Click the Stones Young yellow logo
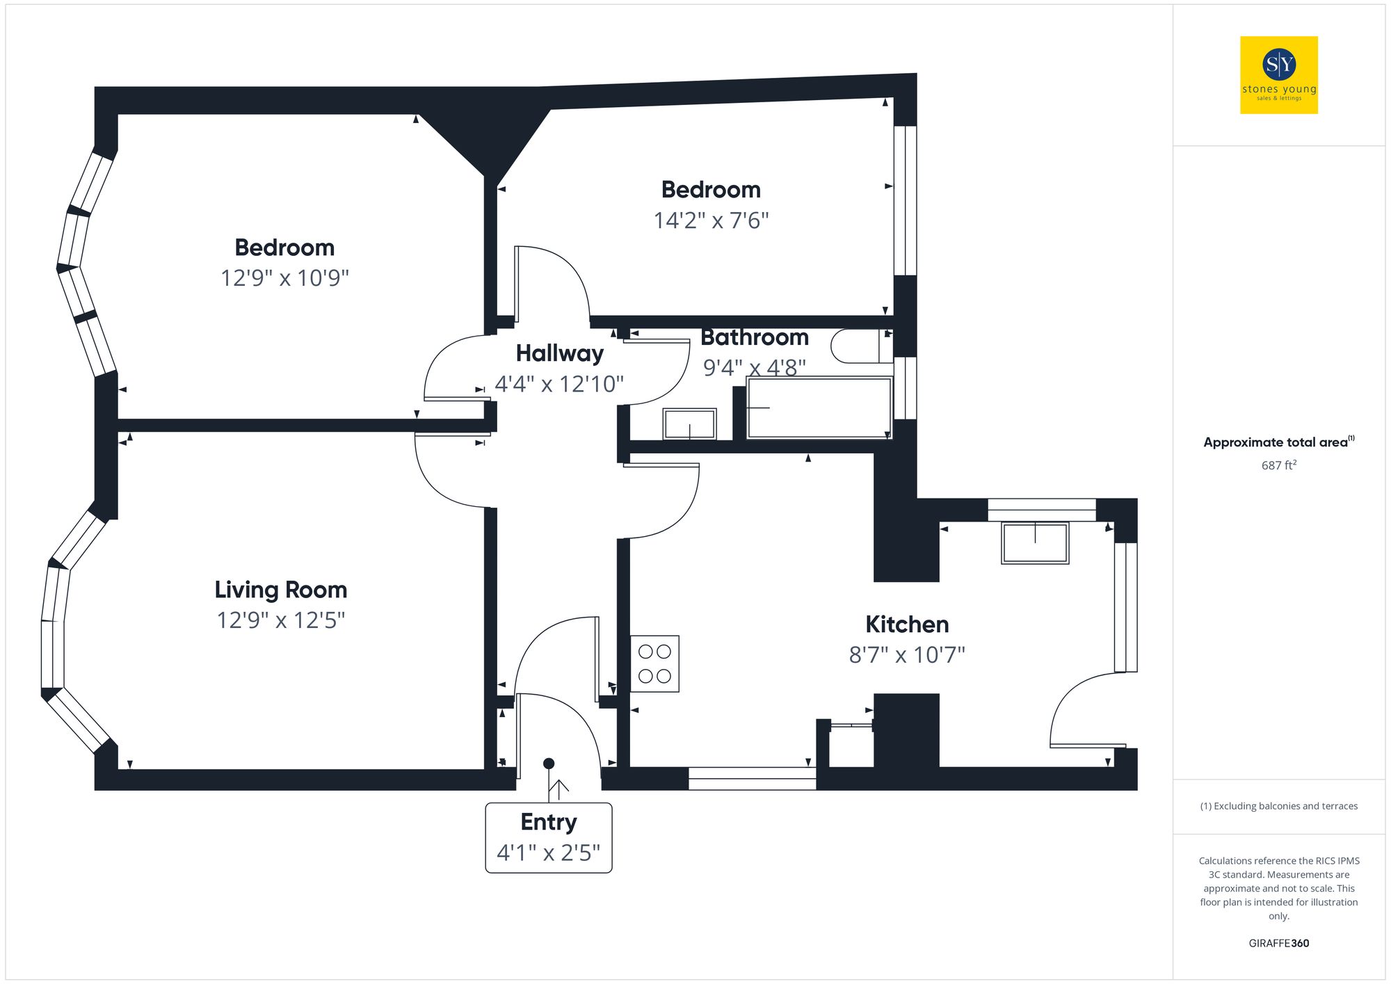point(1278,75)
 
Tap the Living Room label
point(280,590)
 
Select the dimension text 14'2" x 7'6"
point(711,220)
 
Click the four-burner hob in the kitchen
point(654,663)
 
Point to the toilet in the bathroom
point(860,346)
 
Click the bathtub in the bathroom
point(819,408)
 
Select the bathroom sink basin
point(689,424)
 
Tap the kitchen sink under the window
point(1035,543)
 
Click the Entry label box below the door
point(549,837)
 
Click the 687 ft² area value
point(1278,465)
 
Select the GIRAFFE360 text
point(1278,943)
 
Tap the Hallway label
point(559,353)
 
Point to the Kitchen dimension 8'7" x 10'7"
point(907,655)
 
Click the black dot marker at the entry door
point(549,764)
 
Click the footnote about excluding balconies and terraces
point(1278,806)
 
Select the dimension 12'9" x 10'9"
point(284,278)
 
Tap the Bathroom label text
point(755,337)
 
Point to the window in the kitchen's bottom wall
point(752,779)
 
